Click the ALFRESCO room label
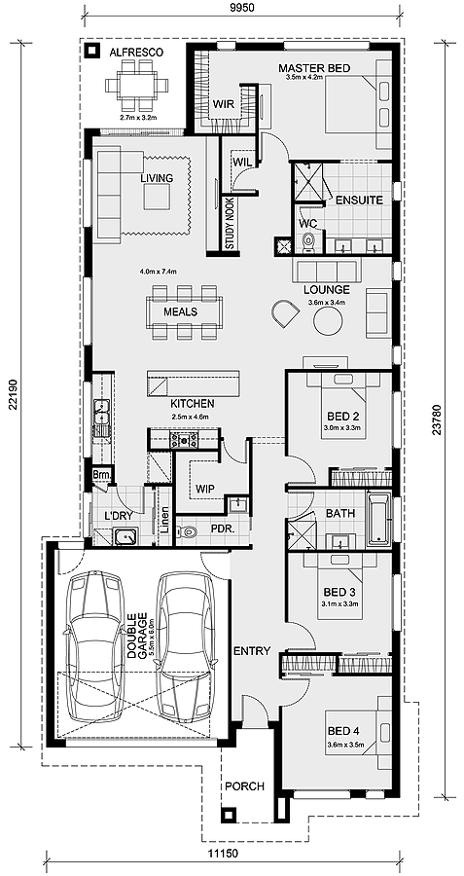coord(136,54)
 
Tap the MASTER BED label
coord(314,69)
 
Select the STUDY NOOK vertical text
coord(229,224)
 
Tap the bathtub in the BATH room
coord(379,518)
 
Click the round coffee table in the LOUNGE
coord(328,322)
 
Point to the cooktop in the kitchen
coord(184,440)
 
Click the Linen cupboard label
coord(163,519)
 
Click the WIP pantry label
coord(204,488)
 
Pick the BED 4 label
coord(340,730)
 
